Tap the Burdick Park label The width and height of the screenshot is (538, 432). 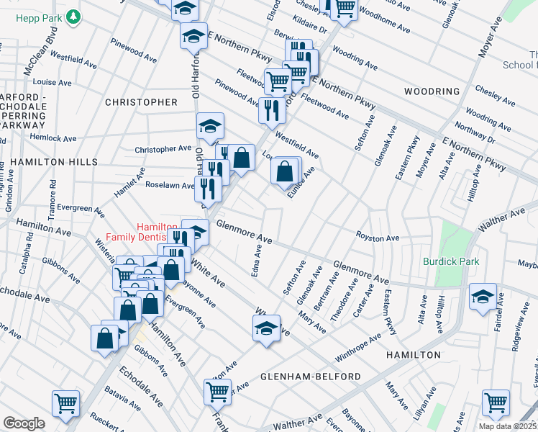pos(451,261)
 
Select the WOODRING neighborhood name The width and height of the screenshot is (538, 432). pos(432,91)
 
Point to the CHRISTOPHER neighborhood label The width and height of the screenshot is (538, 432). pos(141,102)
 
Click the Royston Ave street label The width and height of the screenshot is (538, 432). pos(377,237)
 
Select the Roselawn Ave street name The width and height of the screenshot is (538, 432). pos(170,184)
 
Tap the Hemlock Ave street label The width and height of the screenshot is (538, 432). pos(53,138)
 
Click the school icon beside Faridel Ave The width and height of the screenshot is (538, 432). pos(483,296)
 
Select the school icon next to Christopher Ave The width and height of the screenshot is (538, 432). pos(210,126)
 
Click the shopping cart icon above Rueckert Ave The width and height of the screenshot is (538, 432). pos(65,404)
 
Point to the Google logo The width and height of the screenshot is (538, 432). pos(24,423)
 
